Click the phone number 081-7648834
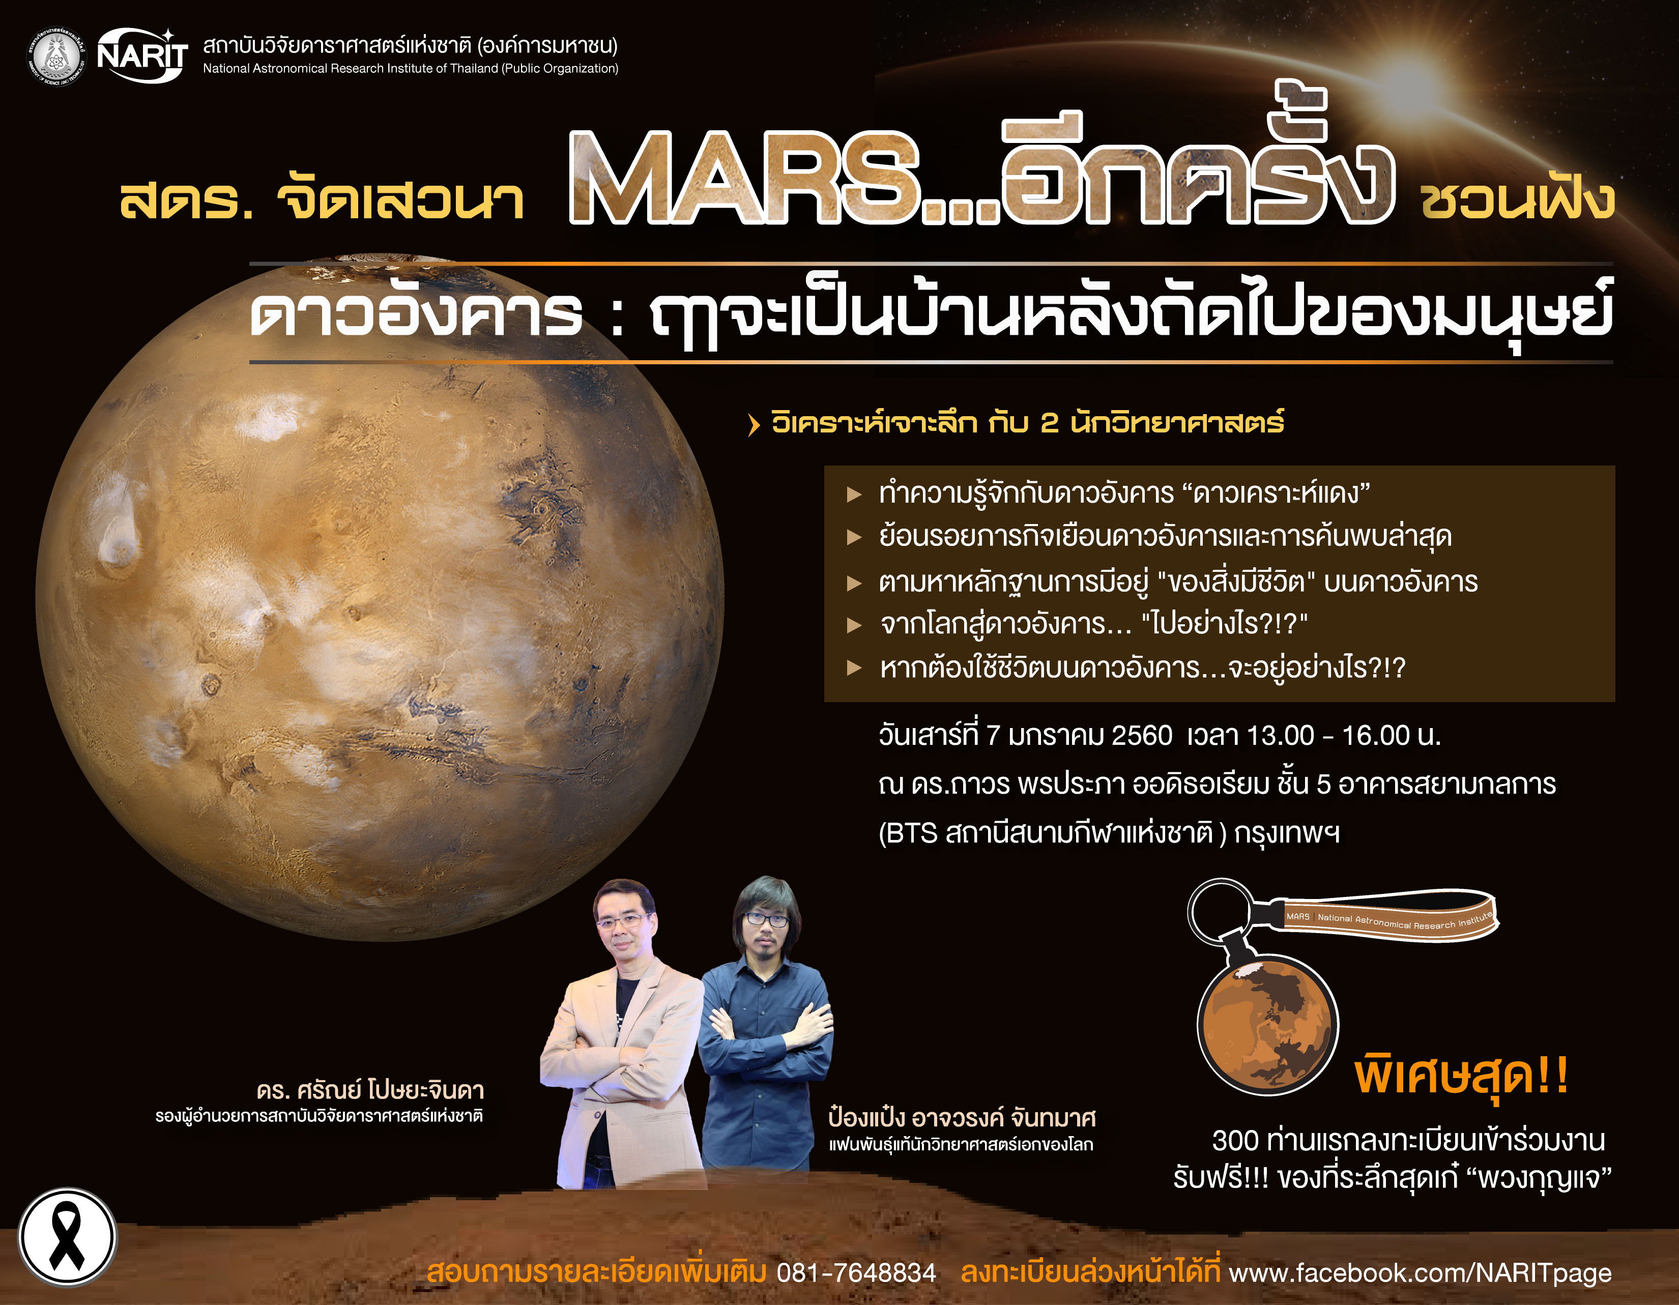click(x=856, y=1273)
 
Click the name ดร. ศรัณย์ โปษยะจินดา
click(x=370, y=1090)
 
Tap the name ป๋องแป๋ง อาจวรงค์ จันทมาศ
click(x=962, y=1117)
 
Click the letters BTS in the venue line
click(x=913, y=833)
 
